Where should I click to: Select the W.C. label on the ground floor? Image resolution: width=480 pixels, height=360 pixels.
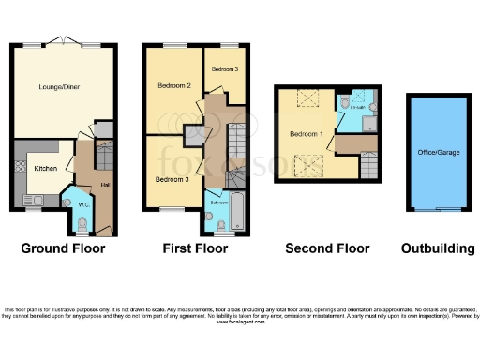(82, 203)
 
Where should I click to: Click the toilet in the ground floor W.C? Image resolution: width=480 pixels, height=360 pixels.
(82, 223)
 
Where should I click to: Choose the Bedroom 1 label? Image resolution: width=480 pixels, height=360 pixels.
(307, 135)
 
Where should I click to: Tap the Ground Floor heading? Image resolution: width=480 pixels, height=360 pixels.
(64, 248)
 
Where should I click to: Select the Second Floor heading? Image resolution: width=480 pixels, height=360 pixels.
(327, 248)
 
